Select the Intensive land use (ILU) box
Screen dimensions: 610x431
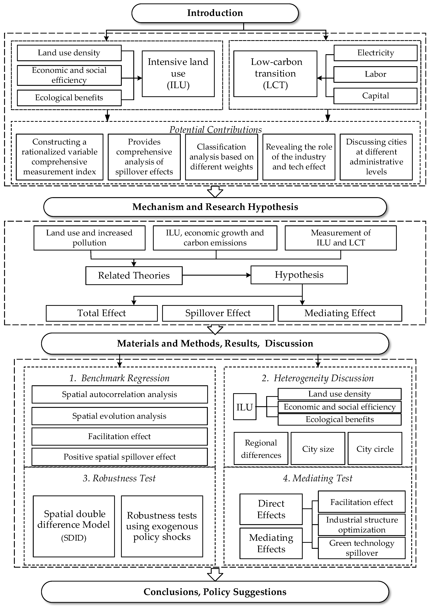pos(178,74)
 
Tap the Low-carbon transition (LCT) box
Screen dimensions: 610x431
pos(275,74)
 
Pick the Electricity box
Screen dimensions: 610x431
pos(375,53)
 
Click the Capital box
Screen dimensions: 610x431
pos(375,96)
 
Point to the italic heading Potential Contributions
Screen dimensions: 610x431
pos(215,130)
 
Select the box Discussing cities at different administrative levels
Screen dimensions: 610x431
pos(376,157)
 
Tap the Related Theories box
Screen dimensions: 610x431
pos(134,275)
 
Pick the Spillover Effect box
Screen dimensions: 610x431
pos(218,313)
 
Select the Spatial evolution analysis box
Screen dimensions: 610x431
pos(119,416)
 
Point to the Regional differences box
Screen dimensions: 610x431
pos(261,449)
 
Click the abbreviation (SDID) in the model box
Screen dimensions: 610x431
pos(74,538)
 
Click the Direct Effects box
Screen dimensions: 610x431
pos(271,509)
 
